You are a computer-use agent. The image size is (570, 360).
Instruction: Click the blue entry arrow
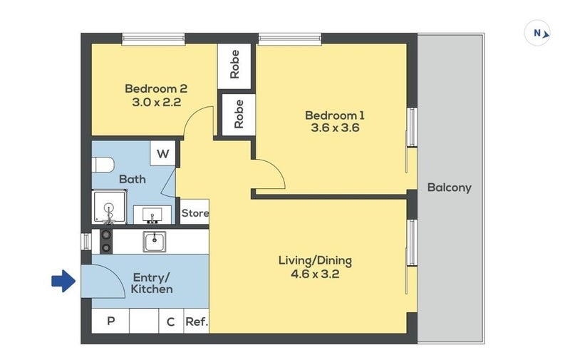coord(63,281)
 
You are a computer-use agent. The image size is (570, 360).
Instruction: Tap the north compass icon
coord(537,33)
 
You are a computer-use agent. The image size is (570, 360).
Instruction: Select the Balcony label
coord(450,187)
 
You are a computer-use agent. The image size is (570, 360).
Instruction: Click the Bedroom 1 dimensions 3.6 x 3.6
coord(335,128)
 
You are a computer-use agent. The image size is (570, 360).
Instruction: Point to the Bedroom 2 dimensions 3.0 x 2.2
coord(156,102)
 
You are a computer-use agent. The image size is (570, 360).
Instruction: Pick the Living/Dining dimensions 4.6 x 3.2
coord(315,274)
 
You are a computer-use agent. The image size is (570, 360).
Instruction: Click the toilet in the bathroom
coord(103,165)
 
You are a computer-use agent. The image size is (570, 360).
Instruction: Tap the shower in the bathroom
coord(110,207)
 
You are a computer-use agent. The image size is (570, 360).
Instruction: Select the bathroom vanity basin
coord(152,215)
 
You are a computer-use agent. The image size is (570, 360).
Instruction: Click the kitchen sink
coord(155,242)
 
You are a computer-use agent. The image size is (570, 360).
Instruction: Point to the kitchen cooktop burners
coord(106,242)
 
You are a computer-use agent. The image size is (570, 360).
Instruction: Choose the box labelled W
coord(163,153)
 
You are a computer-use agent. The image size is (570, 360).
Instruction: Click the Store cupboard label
coord(195,212)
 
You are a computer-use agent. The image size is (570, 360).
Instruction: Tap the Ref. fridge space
coord(197,321)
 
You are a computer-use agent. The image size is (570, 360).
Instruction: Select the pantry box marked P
coord(110,321)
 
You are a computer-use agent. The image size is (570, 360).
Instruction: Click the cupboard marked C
coord(171,321)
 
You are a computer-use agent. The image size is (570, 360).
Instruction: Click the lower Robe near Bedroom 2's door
coord(239,115)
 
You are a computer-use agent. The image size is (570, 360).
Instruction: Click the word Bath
coord(133,179)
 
